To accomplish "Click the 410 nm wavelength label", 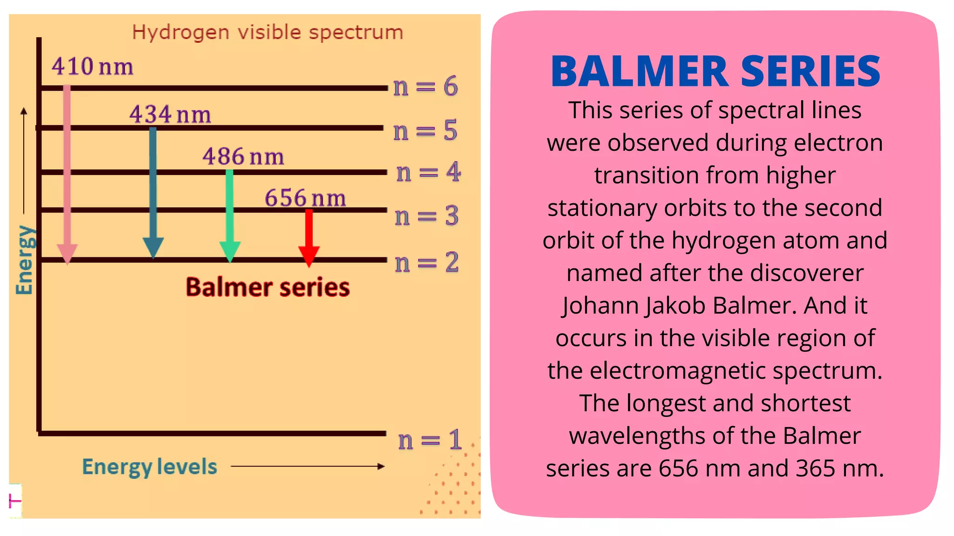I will (x=92, y=67).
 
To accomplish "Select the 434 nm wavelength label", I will (x=170, y=114).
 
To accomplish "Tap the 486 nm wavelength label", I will (x=243, y=156).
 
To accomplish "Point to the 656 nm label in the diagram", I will (x=305, y=198).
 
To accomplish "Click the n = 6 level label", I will (x=425, y=87).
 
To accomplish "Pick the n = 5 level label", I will (x=425, y=130).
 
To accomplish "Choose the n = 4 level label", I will (x=428, y=172).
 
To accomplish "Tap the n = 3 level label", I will (x=427, y=216).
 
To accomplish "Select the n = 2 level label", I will (x=427, y=262).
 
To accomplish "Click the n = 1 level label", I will (x=430, y=440).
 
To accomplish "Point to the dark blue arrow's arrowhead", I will (x=153, y=247).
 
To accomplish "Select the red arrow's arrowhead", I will (x=308, y=256).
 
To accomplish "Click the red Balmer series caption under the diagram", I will (x=267, y=287).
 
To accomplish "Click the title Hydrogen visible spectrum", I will (x=267, y=33).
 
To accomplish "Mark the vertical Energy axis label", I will (x=24, y=260).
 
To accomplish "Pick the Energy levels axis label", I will (x=150, y=467).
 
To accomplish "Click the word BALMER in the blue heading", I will (x=639, y=72).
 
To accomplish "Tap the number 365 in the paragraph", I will (x=815, y=468).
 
